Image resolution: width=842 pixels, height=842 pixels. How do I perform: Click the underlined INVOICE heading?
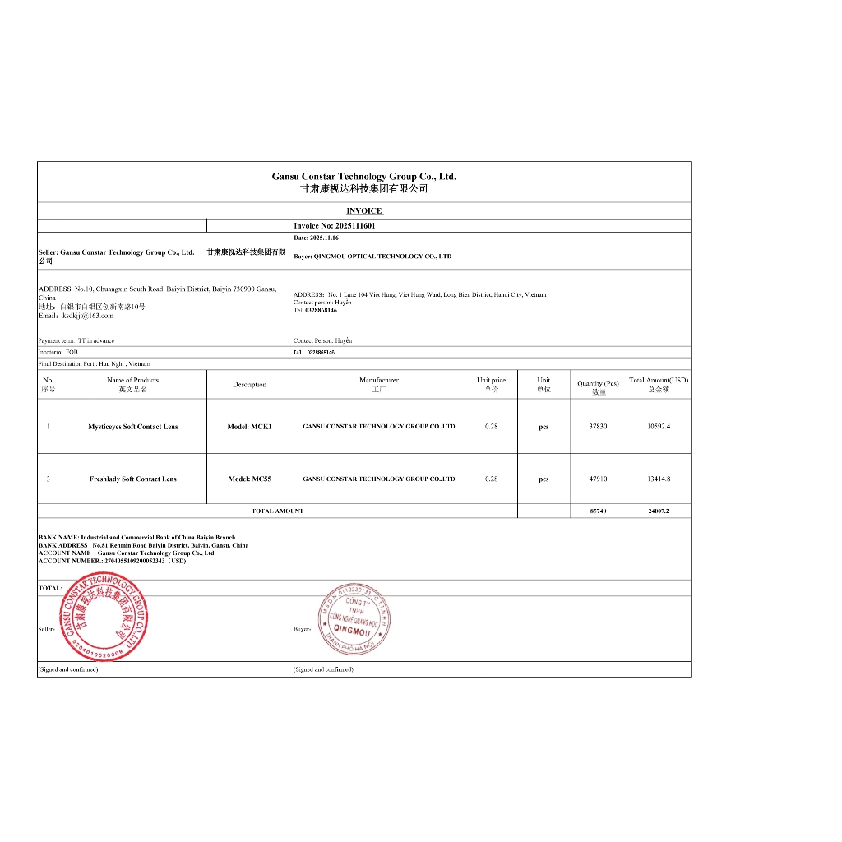tap(363, 211)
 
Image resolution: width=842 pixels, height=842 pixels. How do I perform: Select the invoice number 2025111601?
tap(334, 225)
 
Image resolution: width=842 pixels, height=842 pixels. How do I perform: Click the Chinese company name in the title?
tap(363, 188)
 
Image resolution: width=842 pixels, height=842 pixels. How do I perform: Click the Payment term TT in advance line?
tap(76, 340)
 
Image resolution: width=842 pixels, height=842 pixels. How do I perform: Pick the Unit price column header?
tap(491, 384)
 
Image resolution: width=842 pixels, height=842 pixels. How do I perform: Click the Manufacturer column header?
tap(378, 384)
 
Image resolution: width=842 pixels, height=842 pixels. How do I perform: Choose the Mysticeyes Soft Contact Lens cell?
tap(132, 427)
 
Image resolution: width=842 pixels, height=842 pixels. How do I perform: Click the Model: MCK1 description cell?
tap(249, 427)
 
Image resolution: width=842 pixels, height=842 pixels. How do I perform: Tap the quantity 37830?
tap(598, 426)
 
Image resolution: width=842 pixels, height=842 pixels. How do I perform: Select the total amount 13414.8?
tap(659, 479)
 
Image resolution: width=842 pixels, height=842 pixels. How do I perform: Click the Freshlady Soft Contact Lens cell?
tap(132, 479)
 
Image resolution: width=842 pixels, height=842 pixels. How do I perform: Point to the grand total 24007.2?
tap(659, 511)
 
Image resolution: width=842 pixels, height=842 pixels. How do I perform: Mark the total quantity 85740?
tap(598, 511)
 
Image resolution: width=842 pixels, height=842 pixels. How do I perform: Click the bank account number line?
tap(112, 561)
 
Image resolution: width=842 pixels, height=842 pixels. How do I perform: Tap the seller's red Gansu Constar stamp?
tap(105, 619)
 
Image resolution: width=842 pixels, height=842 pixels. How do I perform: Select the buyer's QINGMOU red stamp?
tap(355, 618)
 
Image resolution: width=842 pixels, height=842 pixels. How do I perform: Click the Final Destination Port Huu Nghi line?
tap(95, 363)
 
